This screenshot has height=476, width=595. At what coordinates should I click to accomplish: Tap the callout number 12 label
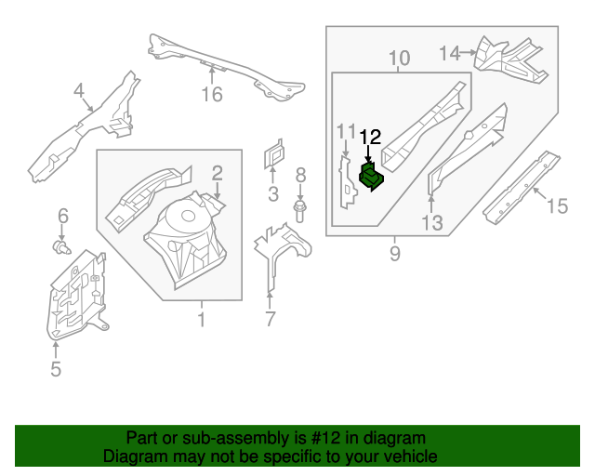pos(370,138)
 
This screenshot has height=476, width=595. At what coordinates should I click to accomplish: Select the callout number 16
pos(213,95)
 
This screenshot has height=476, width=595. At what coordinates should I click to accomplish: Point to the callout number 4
pos(79,90)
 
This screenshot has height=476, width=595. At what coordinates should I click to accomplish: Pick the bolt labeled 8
pos(299,210)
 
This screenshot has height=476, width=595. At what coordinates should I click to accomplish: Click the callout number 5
pos(55,370)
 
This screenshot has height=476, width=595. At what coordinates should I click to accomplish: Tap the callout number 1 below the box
pos(201,321)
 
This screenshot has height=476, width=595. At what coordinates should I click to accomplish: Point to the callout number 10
pos(398,60)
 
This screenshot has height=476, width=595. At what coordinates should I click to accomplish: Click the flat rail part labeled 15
pos(521,187)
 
